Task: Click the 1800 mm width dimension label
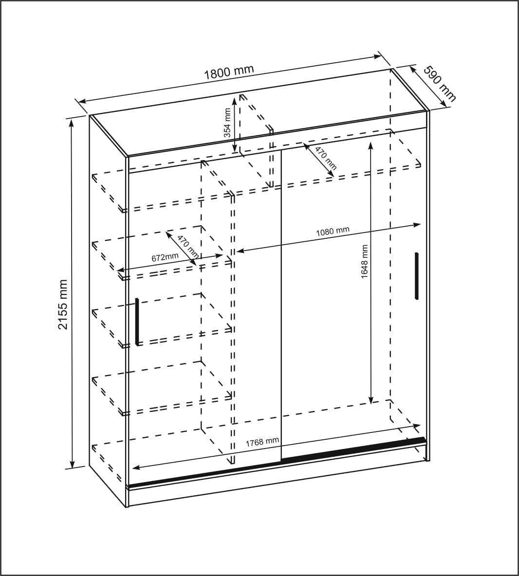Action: [x=229, y=72]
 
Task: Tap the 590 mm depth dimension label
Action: [x=440, y=83]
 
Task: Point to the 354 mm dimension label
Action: [x=228, y=123]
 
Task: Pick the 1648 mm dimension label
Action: [x=364, y=262]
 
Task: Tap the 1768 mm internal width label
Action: [x=262, y=442]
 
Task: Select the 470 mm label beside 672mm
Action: [x=187, y=247]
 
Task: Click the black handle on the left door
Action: [x=137, y=322]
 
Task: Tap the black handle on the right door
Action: [x=417, y=275]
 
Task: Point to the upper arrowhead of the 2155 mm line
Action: [x=72, y=122]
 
